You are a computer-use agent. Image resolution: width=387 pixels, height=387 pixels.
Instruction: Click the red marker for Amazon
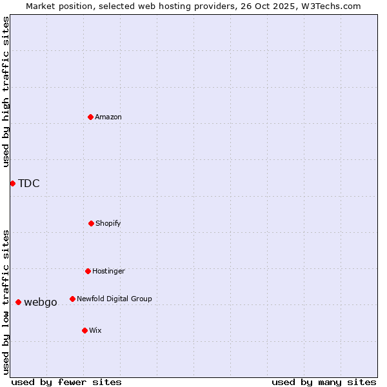click(91, 117)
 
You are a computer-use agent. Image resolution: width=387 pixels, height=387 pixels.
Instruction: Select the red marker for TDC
click(12, 183)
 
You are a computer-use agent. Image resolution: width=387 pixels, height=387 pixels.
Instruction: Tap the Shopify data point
click(91, 223)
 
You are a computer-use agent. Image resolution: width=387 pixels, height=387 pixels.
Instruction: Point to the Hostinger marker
click(88, 271)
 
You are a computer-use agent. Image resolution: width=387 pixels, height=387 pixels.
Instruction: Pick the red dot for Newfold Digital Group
click(72, 299)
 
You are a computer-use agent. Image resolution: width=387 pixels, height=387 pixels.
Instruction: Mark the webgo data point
click(18, 302)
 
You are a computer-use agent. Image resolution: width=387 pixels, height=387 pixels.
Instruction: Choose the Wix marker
click(84, 330)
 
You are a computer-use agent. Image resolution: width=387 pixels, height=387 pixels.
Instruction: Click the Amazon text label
click(108, 117)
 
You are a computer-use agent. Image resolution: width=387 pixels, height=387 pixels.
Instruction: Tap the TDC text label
click(29, 183)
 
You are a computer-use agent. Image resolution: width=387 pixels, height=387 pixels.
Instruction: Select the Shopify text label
click(108, 223)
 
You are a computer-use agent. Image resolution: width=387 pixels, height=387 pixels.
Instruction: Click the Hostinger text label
click(108, 271)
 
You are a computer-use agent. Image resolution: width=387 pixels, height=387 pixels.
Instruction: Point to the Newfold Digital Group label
click(114, 299)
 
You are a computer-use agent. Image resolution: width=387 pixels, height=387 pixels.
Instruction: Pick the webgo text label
click(41, 302)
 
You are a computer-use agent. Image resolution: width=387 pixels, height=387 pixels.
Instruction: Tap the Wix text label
click(95, 330)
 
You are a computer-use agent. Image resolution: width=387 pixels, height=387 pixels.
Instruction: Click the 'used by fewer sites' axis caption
click(66, 382)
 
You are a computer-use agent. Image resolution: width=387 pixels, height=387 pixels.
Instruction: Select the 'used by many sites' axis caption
click(324, 382)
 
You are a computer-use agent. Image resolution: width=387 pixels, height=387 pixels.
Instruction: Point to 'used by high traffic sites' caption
click(6, 92)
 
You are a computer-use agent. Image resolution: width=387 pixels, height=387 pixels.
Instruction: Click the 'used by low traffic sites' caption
click(6, 302)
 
